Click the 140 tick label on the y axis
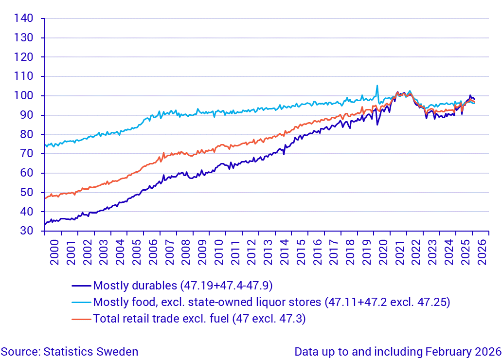[24, 18]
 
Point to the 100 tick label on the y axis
[24, 96]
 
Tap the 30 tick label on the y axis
[27, 231]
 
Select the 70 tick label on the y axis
[27, 154]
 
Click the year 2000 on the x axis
[54, 252]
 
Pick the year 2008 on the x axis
[185, 252]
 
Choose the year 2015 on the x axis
[301, 252]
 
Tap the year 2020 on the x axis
[383, 252]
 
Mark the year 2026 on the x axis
[482, 252]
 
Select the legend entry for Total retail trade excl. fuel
[199, 319]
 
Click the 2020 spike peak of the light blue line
[377, 86]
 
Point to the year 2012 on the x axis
[251, 252]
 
